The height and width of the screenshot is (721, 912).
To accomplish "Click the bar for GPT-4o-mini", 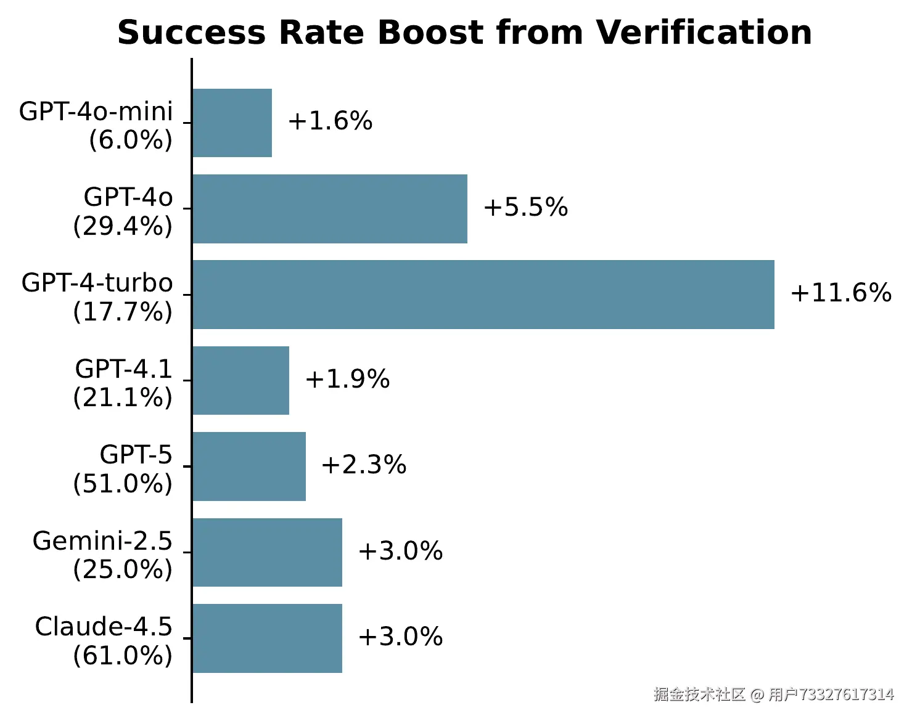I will click(232, 123).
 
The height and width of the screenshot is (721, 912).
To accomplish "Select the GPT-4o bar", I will click(330, 209).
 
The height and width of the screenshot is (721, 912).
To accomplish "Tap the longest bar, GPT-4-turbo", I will click(483, 295).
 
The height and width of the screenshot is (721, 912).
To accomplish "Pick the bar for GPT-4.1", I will click(240, 380).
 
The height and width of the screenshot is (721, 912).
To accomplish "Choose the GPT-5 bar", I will click(249, 466).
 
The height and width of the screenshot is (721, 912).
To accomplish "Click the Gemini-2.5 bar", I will click(267, 552).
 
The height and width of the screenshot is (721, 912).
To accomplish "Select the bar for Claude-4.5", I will click(267, 638).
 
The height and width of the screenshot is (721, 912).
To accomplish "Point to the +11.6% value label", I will click(840, 293).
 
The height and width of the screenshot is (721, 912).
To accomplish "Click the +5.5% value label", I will click(525, 207).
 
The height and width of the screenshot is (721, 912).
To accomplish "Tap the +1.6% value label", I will click(330, 121).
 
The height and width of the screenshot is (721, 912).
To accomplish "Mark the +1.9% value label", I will click(347, 379).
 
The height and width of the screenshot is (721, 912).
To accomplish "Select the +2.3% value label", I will click(364, 465).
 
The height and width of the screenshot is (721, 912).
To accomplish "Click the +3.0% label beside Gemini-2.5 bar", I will click(400, 551).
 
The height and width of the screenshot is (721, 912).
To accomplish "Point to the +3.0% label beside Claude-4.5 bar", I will click(400, 637).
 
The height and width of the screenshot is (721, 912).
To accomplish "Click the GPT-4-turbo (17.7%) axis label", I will click(97, 297).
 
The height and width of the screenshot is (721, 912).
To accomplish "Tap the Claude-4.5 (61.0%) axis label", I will click(104, 641).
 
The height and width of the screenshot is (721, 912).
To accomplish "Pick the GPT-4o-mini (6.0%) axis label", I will click(96, 125).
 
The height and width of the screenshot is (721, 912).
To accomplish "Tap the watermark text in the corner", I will click(773, 695).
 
